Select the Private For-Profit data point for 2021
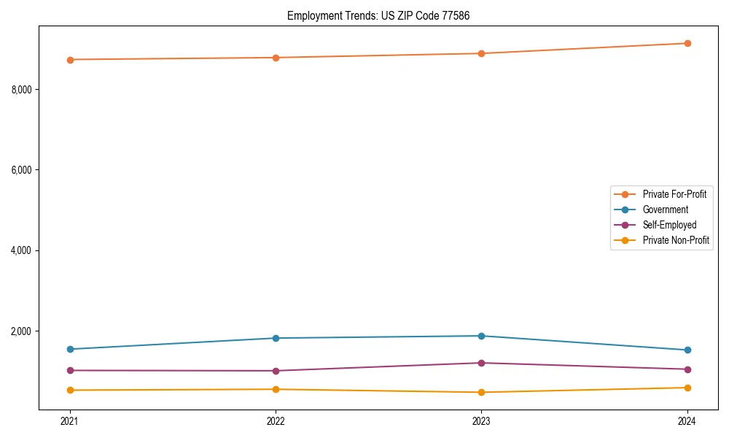coord(70,60)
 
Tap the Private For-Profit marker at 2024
coord(687,43)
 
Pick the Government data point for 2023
coord(481,336)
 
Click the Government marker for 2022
coord(276,338)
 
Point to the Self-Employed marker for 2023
coord(481,363)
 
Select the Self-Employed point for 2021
coord(70,370)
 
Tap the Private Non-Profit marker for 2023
coord(481,392)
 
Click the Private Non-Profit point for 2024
coord(687,388)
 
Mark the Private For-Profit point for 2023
coord(481,53)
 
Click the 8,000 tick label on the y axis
coord(26,90)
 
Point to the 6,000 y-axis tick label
coord(26,170)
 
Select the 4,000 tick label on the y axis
coord(26,250)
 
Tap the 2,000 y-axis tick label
coord(26,331)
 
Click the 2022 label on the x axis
coord(276,420)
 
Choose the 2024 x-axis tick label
coord(687,420)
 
